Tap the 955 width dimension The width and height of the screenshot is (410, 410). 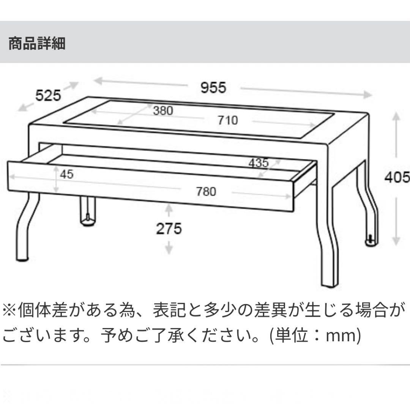coord(213,88)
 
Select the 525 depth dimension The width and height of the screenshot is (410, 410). coord(48,95)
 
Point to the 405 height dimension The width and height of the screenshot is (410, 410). coord(397,177)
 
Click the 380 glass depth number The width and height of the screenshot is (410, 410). coord(163,110)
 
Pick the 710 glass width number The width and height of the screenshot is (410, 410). coord(228,120)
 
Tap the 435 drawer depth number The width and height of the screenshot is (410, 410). coord(259,163)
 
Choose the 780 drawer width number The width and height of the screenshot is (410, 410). coord(206,191)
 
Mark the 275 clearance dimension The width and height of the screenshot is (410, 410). coord(169,229)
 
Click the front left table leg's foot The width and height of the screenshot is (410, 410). coord(22,260)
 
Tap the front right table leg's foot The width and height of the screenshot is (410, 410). coord(329,284)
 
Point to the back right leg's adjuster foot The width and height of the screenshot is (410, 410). coord(371,241)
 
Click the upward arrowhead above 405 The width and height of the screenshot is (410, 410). coord(396,115)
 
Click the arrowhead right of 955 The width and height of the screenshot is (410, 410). coord(367,95)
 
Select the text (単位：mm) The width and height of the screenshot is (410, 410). coord(315,336)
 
